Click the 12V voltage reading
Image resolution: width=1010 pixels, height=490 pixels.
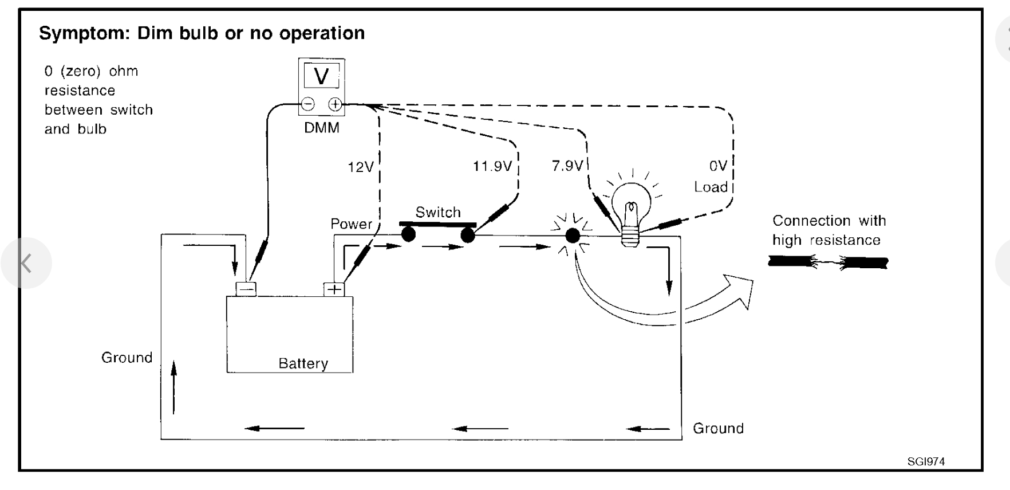[x=360, y=167]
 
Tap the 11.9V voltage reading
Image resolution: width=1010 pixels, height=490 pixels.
[x=492, y=166]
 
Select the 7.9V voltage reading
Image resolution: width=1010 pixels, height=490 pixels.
[x=567, y=166]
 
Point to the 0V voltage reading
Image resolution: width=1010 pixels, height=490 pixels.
[x=718, y=166]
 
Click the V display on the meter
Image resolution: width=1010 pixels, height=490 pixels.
[x=322, y=76]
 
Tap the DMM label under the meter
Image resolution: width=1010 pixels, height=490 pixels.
[x=322, y=128]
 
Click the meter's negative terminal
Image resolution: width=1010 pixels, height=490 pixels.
[x=308, y=104]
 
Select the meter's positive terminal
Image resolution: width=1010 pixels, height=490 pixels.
[x=335, y=104]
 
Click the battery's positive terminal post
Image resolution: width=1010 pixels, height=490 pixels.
[x=334, y=289]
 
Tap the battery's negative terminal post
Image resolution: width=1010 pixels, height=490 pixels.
[x=246, y=289]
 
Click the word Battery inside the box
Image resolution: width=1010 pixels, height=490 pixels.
[x=303, y=364]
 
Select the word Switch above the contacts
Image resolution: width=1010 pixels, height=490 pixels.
[x=438, y=213]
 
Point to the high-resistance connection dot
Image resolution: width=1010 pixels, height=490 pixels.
[x=572, y=235]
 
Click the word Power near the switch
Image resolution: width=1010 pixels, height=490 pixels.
[x=351, y=224]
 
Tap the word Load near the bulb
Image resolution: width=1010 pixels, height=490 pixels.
[x=711, y=187]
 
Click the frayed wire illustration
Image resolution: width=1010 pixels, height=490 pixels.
[x=828, y=263]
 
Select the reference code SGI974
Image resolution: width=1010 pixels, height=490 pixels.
[x=926, y=461]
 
